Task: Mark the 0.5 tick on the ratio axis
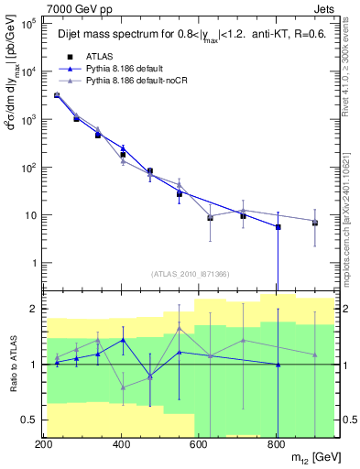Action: point(30,420)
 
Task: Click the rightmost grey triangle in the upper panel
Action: point(315,222)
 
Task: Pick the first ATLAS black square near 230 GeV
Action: point(57,95)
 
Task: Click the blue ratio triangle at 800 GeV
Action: point(278,365)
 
